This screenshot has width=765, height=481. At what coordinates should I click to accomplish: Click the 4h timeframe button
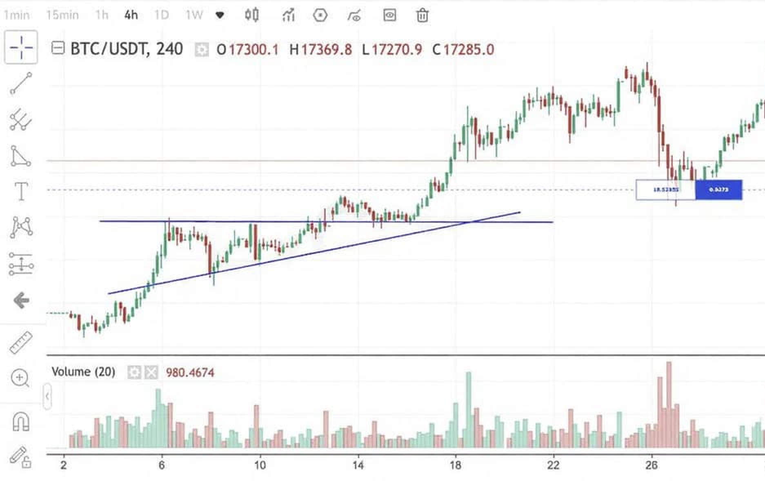(x=131, y=15)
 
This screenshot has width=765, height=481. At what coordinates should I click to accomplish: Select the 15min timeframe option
(x=62, y=15)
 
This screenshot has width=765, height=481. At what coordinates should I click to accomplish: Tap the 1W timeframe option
(x=194, y=15)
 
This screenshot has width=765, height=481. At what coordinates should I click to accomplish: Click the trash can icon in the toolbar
(x=422, y=16)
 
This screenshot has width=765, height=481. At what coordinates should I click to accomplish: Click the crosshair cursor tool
(x=21, y=47)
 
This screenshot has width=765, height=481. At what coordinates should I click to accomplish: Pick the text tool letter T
(x=21, y=191)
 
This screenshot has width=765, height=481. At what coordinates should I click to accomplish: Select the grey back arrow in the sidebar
(x=21, y=301)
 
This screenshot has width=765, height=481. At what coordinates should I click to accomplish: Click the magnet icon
(x=21, y=421)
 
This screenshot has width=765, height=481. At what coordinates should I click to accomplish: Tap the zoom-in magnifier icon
(x=20, y=378)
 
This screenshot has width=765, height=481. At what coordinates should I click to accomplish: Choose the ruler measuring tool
(x=21, y=342)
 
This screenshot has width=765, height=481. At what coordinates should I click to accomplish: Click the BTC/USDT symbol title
(x=127, y=49)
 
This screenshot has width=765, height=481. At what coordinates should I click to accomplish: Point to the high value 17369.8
(x=326, y=50)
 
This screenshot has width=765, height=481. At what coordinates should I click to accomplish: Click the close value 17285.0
(x=468, y=50)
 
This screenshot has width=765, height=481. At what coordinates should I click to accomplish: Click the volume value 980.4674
(x=190, y=372)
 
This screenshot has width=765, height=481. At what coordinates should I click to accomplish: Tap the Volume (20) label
(x=83, y=372)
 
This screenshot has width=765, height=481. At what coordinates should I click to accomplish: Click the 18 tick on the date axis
(x=455, y=465)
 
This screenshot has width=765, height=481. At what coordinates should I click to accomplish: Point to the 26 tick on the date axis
(x=651, y=465)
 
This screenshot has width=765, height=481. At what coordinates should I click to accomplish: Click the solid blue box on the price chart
(x=718, y=189)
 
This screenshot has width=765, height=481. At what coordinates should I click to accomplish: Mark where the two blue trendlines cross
(x=469, y=222)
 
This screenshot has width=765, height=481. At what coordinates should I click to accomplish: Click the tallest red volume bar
(x=669, y=404)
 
